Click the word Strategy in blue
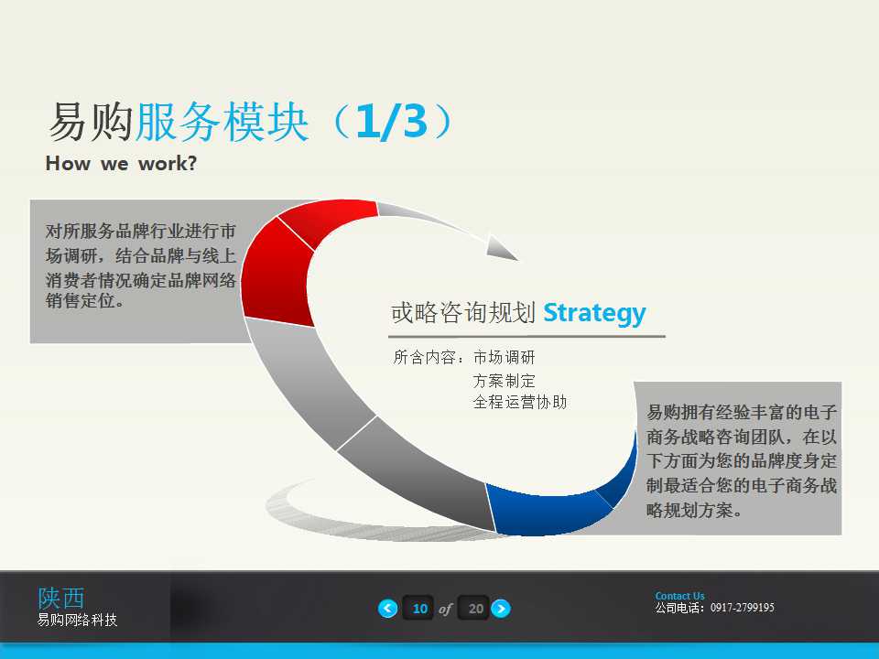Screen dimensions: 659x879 [594, 313]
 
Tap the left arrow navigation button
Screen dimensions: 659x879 [388, 609]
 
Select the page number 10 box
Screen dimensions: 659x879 [419, 609]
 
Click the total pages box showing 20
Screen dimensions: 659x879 [474, 609]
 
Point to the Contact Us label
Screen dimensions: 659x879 [679, 596]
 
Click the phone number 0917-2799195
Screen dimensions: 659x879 [742, 608]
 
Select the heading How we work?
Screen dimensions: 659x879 [121, 165]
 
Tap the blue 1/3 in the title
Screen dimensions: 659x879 [392, 123]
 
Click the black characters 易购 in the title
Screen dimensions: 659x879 [90, 123]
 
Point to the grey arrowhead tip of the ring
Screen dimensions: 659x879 [504, 249]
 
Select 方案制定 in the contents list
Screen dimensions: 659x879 [504, 380]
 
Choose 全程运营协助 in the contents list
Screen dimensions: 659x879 [519, 402]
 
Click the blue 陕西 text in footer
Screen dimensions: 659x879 [60, 598]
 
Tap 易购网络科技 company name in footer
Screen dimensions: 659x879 [77, 621]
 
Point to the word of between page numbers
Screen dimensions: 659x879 [446, 609]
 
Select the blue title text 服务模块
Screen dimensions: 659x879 [222, 123]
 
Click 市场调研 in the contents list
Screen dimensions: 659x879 [504, 358]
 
